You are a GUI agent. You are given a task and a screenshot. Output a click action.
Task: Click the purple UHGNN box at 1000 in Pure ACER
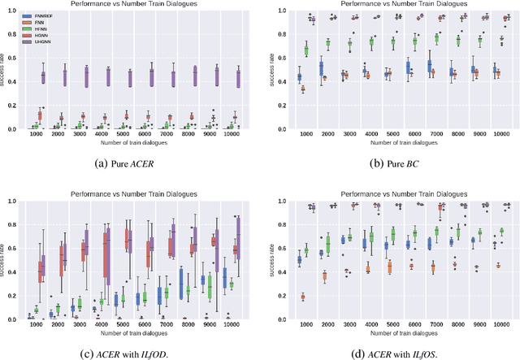coord(43,77)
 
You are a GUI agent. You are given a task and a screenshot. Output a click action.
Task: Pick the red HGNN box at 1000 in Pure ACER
coord(39,116)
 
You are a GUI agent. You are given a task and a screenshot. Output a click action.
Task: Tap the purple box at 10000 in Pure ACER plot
coord(238,78)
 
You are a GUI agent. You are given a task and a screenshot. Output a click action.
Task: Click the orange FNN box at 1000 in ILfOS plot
coord(303,297)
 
